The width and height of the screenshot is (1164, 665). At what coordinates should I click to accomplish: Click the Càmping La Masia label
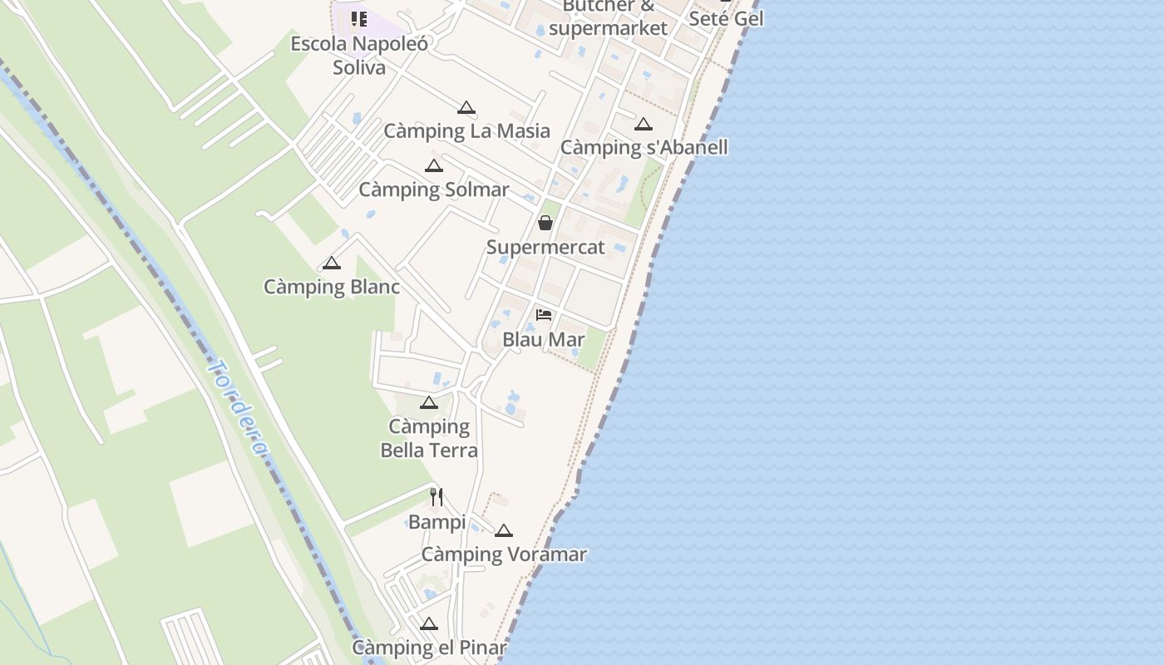click(x=466, y=131)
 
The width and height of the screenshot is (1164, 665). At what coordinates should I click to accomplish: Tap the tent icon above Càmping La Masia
click(x=466, y=107)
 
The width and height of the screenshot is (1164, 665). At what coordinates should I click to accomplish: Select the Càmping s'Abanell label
click(x=644, y=147)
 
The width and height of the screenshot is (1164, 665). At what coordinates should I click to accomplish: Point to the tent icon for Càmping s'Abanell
click(x=643, y=125)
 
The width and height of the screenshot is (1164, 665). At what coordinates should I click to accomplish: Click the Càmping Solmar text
click(x=433, y=190)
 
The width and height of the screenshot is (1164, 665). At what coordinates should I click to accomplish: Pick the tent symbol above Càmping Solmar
click(x=433, y=165)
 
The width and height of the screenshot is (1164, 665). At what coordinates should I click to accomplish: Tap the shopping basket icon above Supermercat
click(x=545, y=223)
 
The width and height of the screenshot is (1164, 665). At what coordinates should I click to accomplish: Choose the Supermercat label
click(x=545, y=247)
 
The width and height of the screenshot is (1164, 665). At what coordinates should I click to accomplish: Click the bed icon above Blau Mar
click(x=544, y=315)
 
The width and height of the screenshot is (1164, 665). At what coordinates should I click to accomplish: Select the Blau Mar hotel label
click(x=544, y=339)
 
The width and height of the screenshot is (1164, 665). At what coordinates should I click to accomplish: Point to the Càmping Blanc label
click(x=332, y=287)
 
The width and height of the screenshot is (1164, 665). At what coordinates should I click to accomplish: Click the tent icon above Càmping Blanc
click(x=332, y=264)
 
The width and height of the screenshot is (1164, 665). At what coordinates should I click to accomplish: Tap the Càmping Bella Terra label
click(x=429, y=438)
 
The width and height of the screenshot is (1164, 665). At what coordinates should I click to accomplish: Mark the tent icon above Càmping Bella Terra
click(x=429, y=403)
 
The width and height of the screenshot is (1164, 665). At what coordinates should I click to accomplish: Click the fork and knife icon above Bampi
click(x=436, y=497)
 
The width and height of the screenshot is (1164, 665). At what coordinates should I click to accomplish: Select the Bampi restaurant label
click(x=436, y=522)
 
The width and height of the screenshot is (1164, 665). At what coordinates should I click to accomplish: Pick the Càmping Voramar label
click(x=504, y=554)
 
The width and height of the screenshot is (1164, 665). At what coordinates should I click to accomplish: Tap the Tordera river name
click(x=239, y=407)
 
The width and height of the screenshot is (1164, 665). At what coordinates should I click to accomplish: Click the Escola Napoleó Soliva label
click(x=359, y=55)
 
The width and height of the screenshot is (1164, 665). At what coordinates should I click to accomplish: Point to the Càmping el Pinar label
click(x=429, y=648)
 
